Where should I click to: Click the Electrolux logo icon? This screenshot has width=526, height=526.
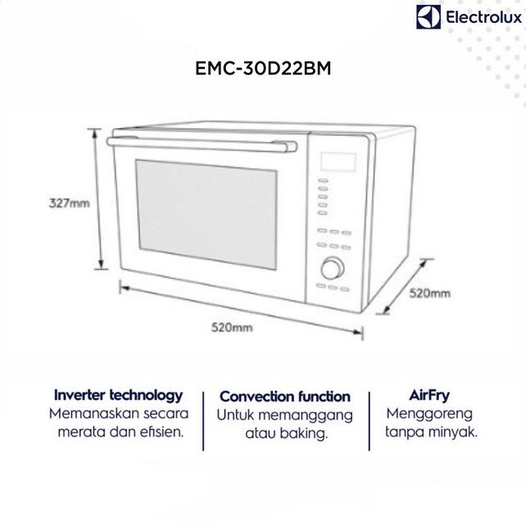[428, 17]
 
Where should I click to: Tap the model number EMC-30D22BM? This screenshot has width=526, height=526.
[262, 70]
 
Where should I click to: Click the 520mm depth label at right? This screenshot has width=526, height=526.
[431, 292]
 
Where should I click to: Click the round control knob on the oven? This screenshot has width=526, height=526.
[333, 268]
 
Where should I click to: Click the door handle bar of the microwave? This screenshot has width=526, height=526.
[202, 143]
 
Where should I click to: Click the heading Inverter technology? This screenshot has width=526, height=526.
[118, 395]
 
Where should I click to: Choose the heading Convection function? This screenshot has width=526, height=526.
[285, 397]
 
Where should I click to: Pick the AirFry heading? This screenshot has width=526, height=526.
[432, 394]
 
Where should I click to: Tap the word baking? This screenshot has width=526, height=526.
[306, 433]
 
